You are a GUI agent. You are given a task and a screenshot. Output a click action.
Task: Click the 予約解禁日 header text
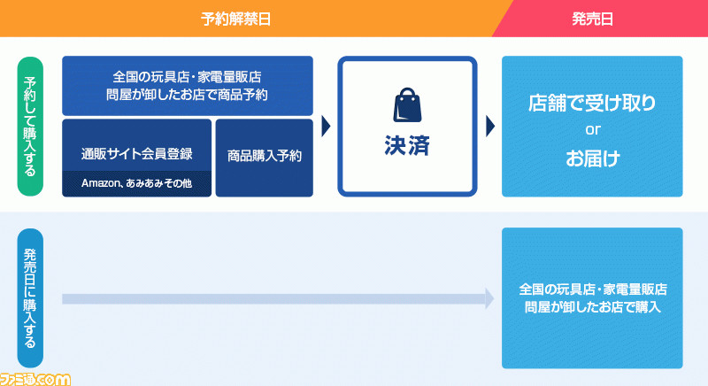[235, 19]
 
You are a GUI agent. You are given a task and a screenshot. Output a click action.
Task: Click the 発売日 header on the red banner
[592, 19]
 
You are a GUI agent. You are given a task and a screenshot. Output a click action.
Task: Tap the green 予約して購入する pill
[30, 127]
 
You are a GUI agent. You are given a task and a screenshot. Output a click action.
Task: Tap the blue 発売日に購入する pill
[30, 298]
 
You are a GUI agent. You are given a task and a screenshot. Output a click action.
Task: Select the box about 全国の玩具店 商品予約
[188, 86]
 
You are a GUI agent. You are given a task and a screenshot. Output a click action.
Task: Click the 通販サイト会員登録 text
[137, 154]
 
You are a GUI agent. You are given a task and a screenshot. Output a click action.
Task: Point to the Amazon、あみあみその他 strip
[137, 184]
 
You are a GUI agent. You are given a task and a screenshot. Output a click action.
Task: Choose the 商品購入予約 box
[264, 158]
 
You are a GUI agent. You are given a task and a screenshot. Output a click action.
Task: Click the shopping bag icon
[407, 105]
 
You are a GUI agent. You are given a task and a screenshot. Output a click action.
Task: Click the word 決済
[407, 146]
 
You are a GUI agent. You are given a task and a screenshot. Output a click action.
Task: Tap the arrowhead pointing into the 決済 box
[326, 127]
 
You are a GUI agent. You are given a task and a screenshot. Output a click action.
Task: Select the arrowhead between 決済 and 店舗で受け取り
[490, 127]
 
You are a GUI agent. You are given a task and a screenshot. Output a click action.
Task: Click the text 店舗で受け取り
[592, 103]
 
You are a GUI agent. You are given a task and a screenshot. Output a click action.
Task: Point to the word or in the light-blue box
[592, 130]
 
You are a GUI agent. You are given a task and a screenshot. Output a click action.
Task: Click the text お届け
[592, 158]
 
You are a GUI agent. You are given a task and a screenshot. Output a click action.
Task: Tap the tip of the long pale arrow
[494, 298]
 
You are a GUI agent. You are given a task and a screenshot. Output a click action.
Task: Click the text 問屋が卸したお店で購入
[592, 307]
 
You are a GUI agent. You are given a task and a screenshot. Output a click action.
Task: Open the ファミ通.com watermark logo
[35, 379]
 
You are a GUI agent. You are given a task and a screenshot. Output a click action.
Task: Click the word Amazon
[100, 183]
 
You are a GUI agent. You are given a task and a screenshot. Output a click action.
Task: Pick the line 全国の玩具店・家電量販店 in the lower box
[592, 289]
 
